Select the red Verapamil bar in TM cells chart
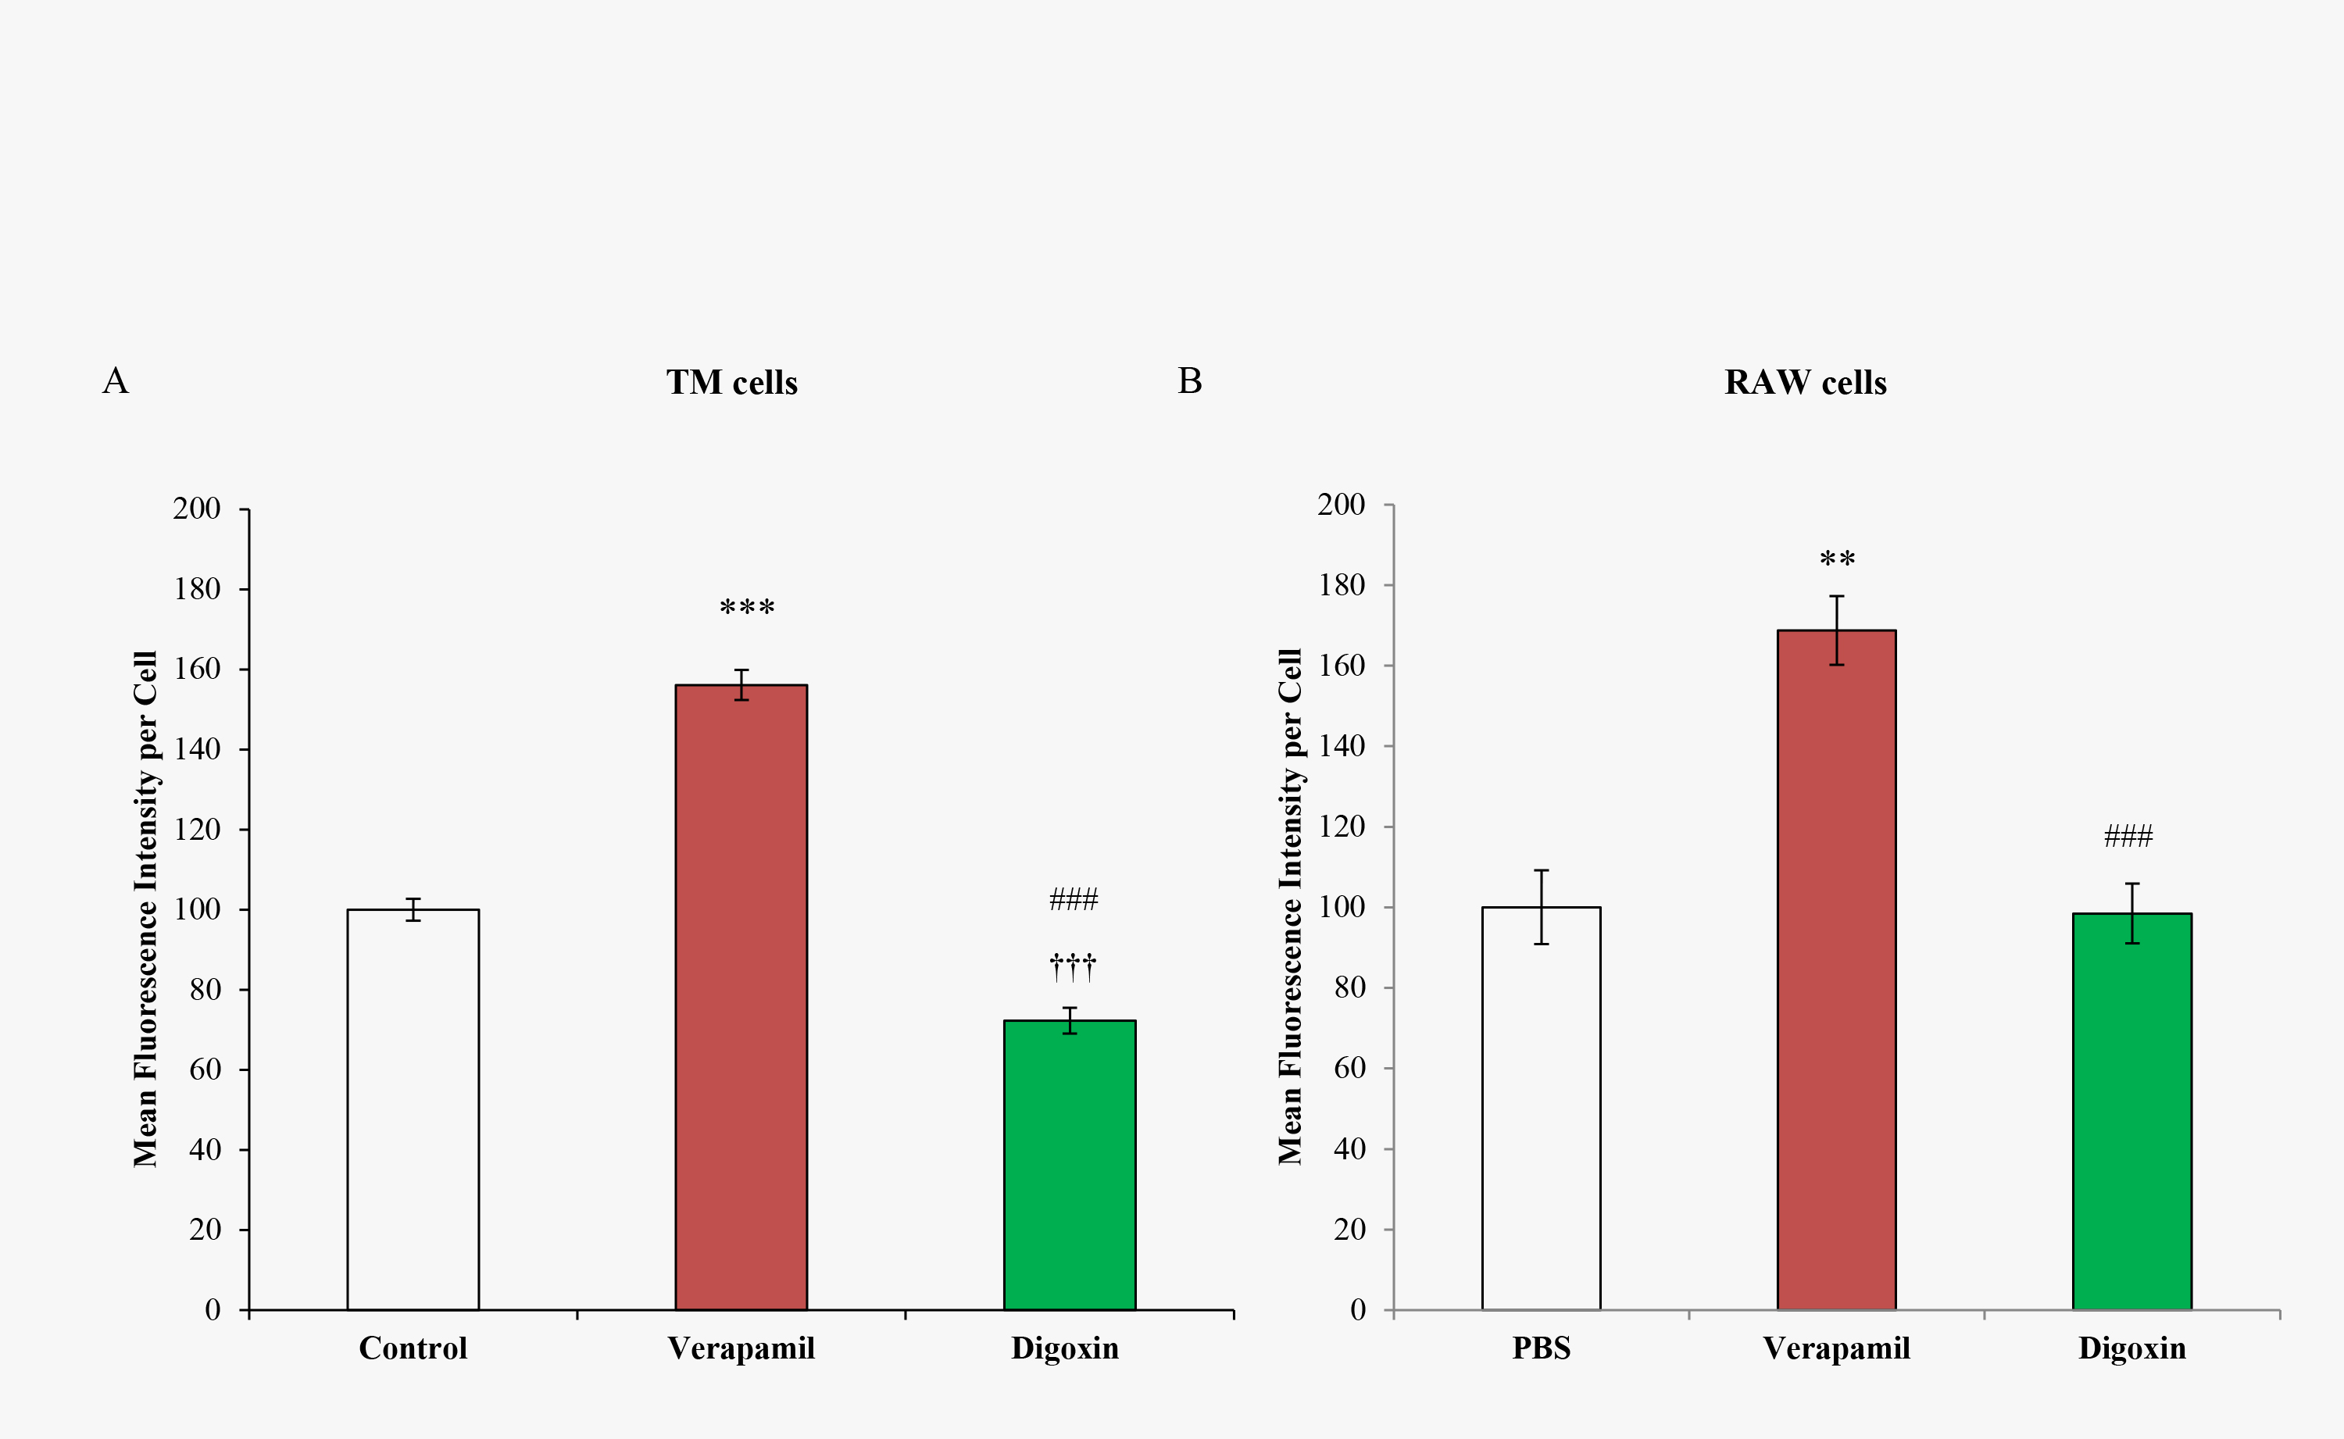click(741, 997)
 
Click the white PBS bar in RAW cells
click(1541, 1108)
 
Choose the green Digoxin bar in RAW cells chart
click(2131, 1111)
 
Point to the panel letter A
click(115, 380)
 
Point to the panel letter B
click(1190, 380)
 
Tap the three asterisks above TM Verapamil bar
click(747, 607)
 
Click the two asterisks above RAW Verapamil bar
click(1837, 559)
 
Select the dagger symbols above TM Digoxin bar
click(1073, 967)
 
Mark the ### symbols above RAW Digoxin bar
click(2128, 837)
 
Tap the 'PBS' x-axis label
click(1541, 1348)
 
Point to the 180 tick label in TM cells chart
click(196, 589)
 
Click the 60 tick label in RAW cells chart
click(1349, 1068)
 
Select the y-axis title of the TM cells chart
click(145, 909)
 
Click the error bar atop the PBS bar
click(1541, 906)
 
